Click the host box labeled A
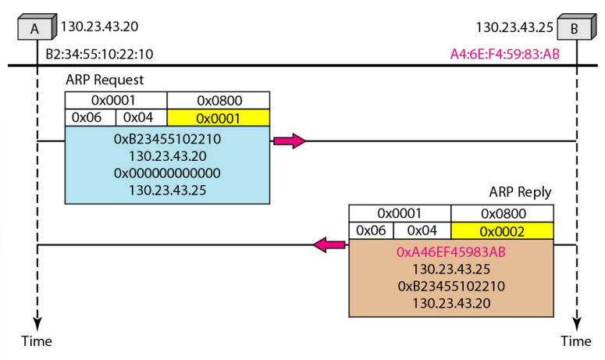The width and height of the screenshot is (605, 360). [36, 29]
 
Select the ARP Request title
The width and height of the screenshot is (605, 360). [105, 80]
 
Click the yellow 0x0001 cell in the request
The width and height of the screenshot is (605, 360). [219, 117]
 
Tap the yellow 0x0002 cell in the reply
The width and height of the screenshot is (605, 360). [502, 231]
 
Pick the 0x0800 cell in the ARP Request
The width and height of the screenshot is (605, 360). [219, 100]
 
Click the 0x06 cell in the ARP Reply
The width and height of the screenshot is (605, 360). [371, 231]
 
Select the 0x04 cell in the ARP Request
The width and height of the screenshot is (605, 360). [141, 117]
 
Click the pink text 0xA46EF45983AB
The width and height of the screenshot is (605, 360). [451, 251]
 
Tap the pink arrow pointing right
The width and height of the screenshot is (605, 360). [288, 141]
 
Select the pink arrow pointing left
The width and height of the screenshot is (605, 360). [330, 244]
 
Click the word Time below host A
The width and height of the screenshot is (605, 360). [36, 341]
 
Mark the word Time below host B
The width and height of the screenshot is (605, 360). [576, 341]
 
